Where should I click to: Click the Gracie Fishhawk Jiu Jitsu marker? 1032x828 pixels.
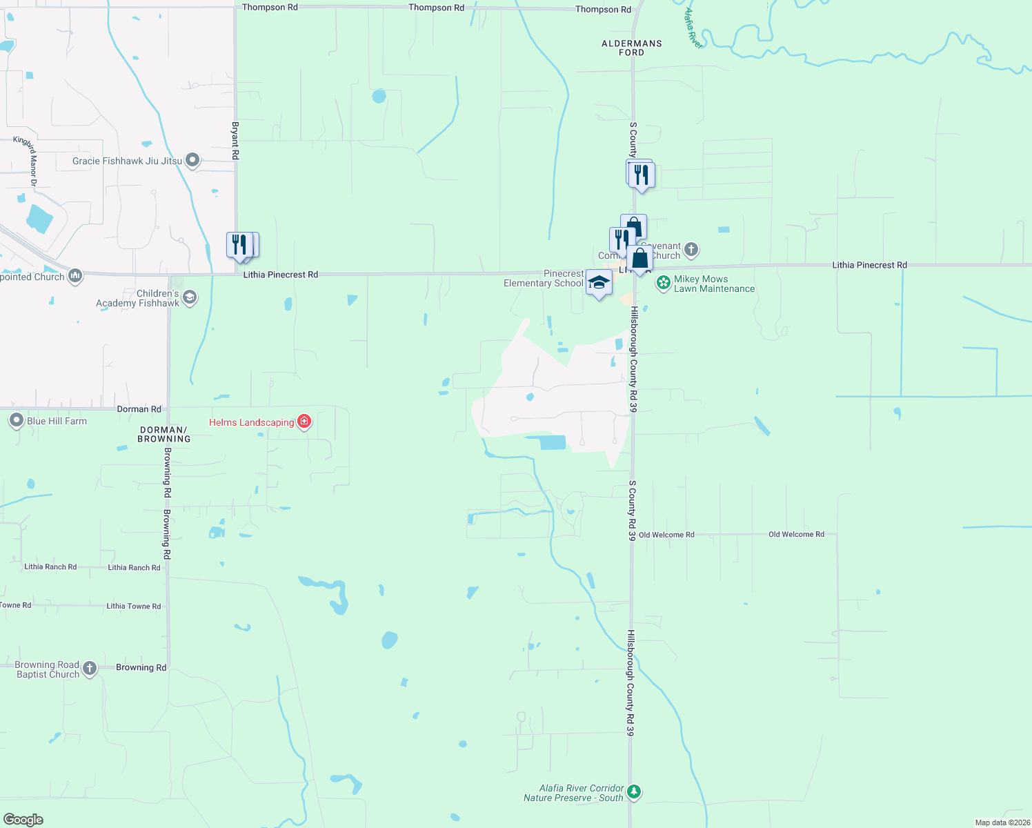[x=192, y=161]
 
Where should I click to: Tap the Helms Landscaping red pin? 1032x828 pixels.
[x=304, y=422]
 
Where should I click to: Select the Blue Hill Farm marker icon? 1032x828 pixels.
[x=17, y=421]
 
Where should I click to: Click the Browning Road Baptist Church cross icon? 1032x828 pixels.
[x=90, y=668]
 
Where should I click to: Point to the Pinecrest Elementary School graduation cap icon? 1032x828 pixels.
[x=598, y=283]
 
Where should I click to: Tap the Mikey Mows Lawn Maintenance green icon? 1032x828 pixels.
[x=663, y=282]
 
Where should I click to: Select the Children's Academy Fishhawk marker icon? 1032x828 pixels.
[x=190, y=297]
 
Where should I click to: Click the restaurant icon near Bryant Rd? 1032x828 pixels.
[x=239, y=246]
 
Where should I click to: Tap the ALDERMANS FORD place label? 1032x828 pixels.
[x=631, y=48]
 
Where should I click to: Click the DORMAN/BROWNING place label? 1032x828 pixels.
[x=163, y=434]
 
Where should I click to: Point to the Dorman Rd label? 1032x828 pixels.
[x=139, y=409]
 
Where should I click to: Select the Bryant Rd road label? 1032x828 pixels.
[x=235, y=141]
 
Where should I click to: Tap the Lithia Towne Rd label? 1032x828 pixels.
[x=133, y=607]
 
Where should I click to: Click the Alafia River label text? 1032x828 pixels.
[x=692, y=28]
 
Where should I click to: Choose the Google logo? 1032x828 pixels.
[x=23, y=820]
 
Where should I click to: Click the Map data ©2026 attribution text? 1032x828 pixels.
[x=1002, y=822]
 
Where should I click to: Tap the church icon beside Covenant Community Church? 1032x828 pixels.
[x=691, y=249]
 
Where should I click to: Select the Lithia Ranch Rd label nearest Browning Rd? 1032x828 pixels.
[x=134, y=568]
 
